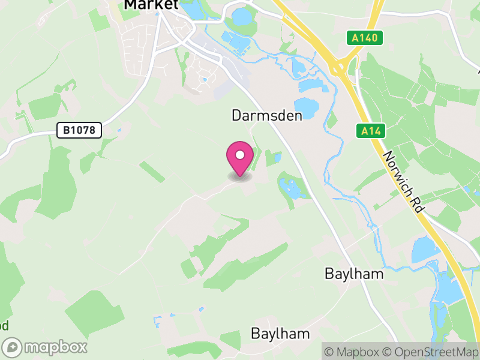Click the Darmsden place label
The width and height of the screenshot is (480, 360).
[266, 115]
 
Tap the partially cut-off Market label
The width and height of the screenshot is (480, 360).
[151, 5]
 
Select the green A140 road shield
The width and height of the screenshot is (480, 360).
[365, 38]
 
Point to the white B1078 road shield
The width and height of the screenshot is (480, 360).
[80, 130]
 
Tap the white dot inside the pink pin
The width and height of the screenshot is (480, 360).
[240, 155]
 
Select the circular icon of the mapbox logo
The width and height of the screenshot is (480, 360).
[13, 347]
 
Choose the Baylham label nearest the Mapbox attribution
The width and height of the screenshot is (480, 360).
[280, 334]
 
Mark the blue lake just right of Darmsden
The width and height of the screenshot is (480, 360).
[307, 109]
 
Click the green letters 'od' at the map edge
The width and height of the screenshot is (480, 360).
[4, 326]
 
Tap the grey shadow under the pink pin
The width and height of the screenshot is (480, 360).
[240, 177]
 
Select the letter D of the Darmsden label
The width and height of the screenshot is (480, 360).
[236, 115]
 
